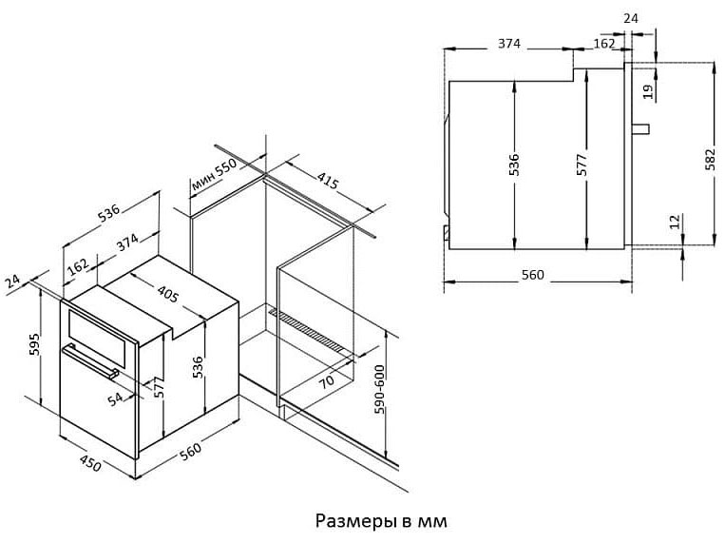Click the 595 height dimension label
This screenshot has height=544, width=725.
point(34,344)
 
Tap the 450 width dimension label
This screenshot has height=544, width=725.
point(90,463)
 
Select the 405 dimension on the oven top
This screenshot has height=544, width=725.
point(167,294)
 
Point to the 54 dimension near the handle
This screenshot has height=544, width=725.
point(115,398)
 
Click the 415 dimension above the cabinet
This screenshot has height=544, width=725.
point(328,180)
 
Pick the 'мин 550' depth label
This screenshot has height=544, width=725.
point(214,175)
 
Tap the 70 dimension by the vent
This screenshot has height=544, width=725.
point(327,381)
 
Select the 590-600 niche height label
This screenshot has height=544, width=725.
point(379,389)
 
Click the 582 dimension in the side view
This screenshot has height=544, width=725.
point(710,159)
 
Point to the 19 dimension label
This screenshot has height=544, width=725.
point(649,91)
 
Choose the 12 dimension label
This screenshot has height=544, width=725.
point(676,222)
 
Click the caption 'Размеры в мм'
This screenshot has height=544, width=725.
point(381,521)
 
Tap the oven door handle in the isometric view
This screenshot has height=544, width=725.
point(90,361)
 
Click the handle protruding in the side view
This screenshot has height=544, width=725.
point(640,128)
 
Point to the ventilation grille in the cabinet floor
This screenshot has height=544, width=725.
point(307,330)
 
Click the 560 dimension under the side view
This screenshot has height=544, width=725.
point(533,275)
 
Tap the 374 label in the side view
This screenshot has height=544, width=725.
point(509,44)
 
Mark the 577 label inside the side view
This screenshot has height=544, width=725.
point(582,165)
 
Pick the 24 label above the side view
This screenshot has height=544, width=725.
point(631,18)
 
